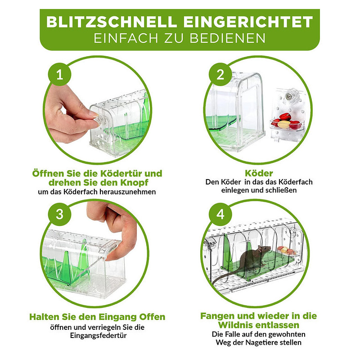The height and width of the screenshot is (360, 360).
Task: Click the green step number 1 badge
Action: (x=60, y=74)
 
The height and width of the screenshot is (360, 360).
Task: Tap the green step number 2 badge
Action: (x=220, y=74)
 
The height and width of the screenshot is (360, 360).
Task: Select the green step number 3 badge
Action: (x=60, y=214)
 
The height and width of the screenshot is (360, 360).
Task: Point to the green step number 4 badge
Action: (x=220, y=214)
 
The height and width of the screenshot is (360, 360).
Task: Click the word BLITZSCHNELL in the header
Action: (x=112, y=22)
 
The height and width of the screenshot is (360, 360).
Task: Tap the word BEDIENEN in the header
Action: (x=228, y=38)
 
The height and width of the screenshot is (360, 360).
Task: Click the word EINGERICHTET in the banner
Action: (x=248, y=22)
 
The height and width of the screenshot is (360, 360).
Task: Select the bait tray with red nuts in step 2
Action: (x=286, y=123)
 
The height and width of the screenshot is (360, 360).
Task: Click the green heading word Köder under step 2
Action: (x=259, y=173)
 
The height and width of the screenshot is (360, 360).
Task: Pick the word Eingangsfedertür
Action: (x=98, y=336)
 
